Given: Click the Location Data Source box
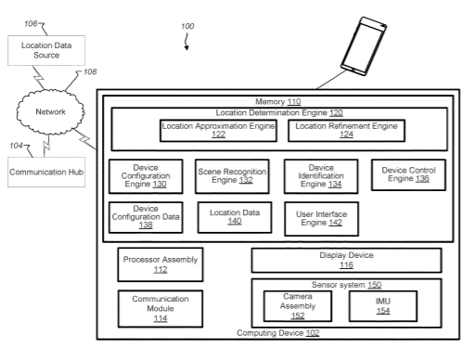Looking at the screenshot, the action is tap(46, 50).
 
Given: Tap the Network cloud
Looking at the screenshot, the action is tap(50, 112).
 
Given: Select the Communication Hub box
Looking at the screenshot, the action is tap(46, 172).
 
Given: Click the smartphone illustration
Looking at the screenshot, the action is tap(364, 46).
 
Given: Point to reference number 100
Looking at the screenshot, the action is tap(187, 26).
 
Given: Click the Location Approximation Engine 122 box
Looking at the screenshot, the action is tap(218, 131).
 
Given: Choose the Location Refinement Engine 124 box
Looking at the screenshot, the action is tap(346, 131).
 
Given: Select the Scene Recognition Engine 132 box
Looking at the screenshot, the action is tap(232, 176).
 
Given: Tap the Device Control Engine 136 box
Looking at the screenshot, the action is tap(408, 174).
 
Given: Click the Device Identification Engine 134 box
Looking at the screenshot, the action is tap(321, 176).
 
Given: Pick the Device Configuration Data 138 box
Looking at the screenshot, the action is tap(146, 217).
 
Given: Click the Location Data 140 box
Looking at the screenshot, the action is tap(235, 217).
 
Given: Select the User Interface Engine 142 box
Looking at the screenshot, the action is tap(322, 219).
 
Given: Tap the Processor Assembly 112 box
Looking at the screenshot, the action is tap(160, 264).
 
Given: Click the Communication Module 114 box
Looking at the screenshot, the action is tap(160, 309).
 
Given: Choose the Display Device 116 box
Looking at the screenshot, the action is tap(346, 261).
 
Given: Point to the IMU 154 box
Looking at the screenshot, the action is tap(383, 306).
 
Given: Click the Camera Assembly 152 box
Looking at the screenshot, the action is tap(298, 306).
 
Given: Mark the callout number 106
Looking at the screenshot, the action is tap(31, 24).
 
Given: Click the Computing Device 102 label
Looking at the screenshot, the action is tap(278, 333).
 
